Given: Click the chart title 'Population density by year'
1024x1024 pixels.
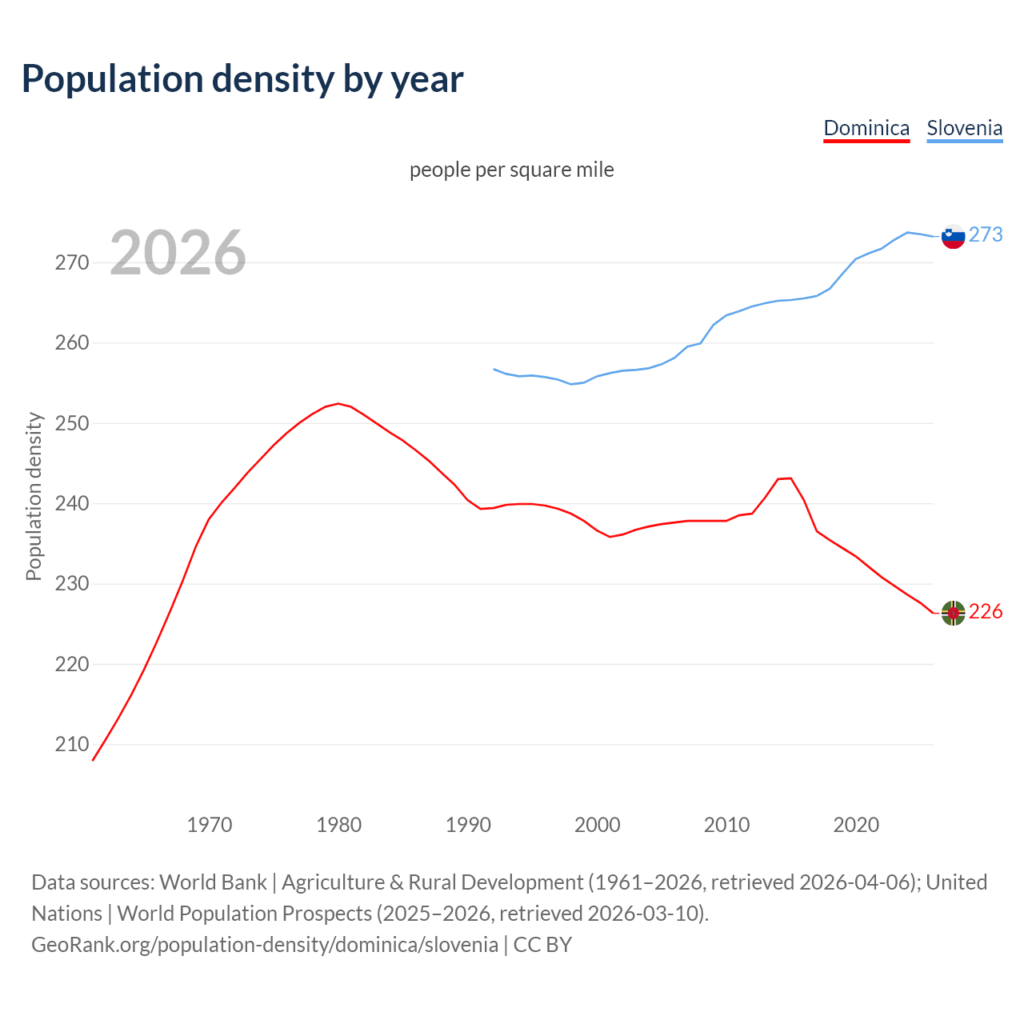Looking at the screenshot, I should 242,79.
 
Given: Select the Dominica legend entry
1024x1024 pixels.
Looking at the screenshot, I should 866,128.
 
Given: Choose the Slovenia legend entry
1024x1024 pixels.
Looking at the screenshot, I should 964,128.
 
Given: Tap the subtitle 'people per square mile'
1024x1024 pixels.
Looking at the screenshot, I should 511,170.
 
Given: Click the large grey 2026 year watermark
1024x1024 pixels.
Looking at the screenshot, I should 178,253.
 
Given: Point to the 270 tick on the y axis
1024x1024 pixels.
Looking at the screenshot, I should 72,262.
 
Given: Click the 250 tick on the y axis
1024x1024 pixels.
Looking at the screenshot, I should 72,423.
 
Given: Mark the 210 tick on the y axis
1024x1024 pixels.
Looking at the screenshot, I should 72,745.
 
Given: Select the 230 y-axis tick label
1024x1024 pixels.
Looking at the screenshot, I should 72,584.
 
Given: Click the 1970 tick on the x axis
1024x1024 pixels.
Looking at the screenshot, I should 210,825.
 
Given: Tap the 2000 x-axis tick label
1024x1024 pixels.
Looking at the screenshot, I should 598,825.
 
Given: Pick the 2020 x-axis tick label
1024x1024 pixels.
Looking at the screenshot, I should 856,825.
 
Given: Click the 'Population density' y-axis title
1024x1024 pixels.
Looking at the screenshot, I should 34,496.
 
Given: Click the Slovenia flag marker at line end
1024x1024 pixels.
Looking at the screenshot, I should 953,236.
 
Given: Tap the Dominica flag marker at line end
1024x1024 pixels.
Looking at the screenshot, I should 953,613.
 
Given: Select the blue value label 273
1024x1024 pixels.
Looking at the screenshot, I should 986,234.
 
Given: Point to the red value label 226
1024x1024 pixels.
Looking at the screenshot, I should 986,612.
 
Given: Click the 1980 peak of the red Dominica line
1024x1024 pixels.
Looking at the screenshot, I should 338,403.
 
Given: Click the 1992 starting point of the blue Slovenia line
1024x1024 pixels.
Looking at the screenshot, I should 494,369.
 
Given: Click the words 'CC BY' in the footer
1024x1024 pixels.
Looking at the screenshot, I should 542,945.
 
